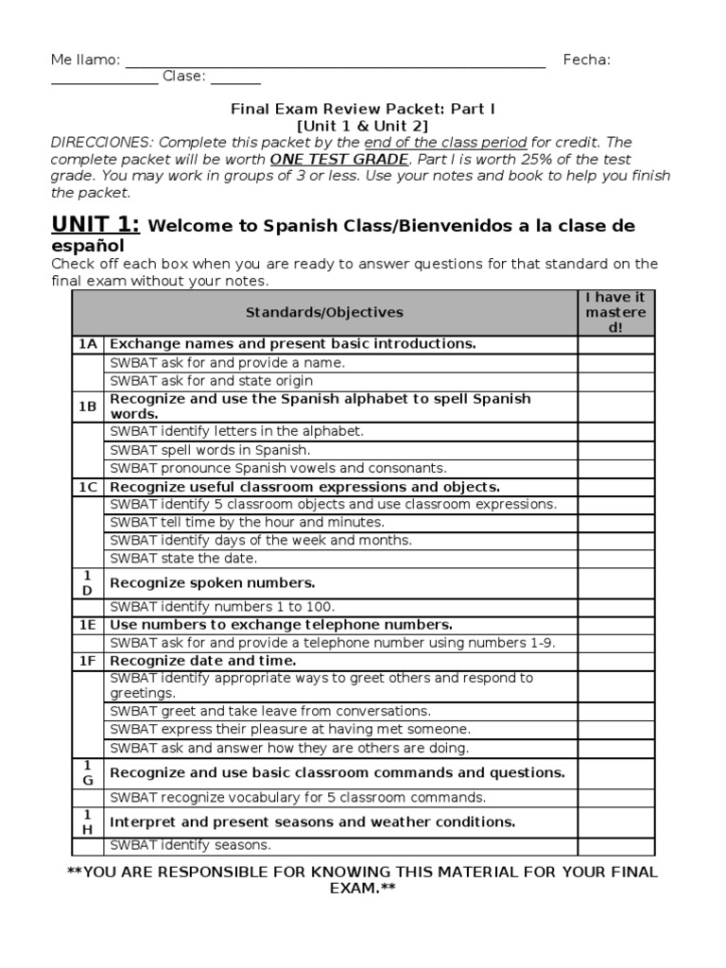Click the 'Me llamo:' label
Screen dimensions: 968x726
85,60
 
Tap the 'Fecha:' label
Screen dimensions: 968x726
586,60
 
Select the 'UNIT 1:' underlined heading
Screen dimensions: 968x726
95,224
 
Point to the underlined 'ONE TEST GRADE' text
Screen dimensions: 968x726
339,160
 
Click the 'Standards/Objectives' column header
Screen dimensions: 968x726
324,313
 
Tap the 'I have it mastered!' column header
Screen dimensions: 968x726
615,313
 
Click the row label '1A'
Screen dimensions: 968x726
87,344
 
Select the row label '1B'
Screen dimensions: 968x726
87,406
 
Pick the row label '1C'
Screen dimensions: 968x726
87,487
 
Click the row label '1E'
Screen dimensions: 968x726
87,625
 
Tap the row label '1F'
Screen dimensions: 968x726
87,661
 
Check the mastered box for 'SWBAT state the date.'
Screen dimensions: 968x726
615,559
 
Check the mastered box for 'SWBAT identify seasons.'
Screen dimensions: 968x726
615,846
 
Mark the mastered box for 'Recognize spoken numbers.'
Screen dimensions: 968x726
615,583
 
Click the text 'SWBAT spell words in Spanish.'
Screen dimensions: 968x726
210,450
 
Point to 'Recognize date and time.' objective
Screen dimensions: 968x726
203,661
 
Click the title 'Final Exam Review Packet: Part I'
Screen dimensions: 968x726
363,109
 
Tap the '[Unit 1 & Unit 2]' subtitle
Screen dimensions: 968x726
363,126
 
